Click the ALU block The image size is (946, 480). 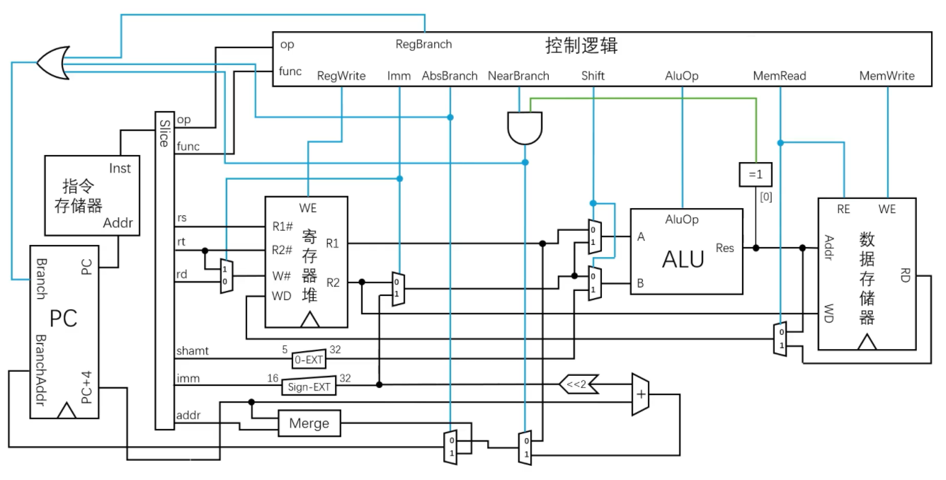685,251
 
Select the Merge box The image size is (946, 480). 309,423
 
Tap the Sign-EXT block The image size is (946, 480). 309,387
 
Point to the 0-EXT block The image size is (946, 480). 308,359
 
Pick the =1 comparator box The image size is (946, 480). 755,174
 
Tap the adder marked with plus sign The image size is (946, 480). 640,394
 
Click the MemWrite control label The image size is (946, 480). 887,76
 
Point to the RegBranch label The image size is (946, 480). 423,44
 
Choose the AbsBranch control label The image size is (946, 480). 450,76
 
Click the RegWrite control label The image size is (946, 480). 341,76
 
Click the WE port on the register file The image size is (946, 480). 308,208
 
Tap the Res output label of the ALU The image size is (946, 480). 725,248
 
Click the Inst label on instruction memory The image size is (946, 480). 120,168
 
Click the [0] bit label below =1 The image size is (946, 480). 765,197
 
